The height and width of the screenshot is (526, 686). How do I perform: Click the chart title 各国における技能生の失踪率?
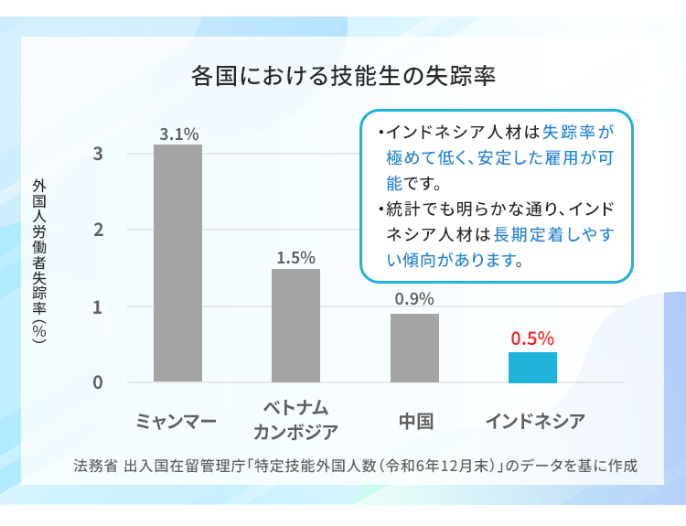coord(343,75)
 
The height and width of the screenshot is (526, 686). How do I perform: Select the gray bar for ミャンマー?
coord(177,263)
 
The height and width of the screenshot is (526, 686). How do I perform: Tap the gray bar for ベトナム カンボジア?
coord(295,325)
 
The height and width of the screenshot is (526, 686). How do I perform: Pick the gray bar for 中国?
coord(414,348)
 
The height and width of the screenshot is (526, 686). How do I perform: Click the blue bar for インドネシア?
coord(532,367)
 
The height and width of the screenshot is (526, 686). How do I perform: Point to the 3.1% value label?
coord(178,134)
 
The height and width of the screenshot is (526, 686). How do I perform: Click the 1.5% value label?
coord(295,258)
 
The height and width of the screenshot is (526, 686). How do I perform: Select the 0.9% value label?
coord(414,298)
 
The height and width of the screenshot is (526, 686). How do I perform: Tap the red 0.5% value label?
coord(532,338)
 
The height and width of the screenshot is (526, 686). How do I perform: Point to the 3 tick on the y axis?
coord(97,154)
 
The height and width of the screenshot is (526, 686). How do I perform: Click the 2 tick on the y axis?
coord(97,230)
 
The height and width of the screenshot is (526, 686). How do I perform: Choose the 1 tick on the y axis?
coord(97,306)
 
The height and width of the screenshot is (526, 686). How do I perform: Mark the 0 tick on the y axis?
coord(97,382)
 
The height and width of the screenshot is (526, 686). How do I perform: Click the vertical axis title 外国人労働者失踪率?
coord(38,261)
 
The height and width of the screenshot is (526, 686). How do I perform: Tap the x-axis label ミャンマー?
coord(177,422)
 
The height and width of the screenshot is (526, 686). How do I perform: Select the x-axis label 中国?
coord(415,422)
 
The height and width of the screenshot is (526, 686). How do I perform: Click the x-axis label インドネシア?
coord(534,422)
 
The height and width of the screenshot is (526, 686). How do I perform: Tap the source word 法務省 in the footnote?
coord(95,465)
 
